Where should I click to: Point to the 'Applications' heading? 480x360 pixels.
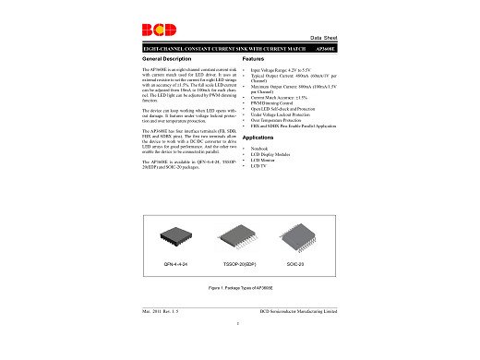262,137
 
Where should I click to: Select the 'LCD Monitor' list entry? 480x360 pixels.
262,160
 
